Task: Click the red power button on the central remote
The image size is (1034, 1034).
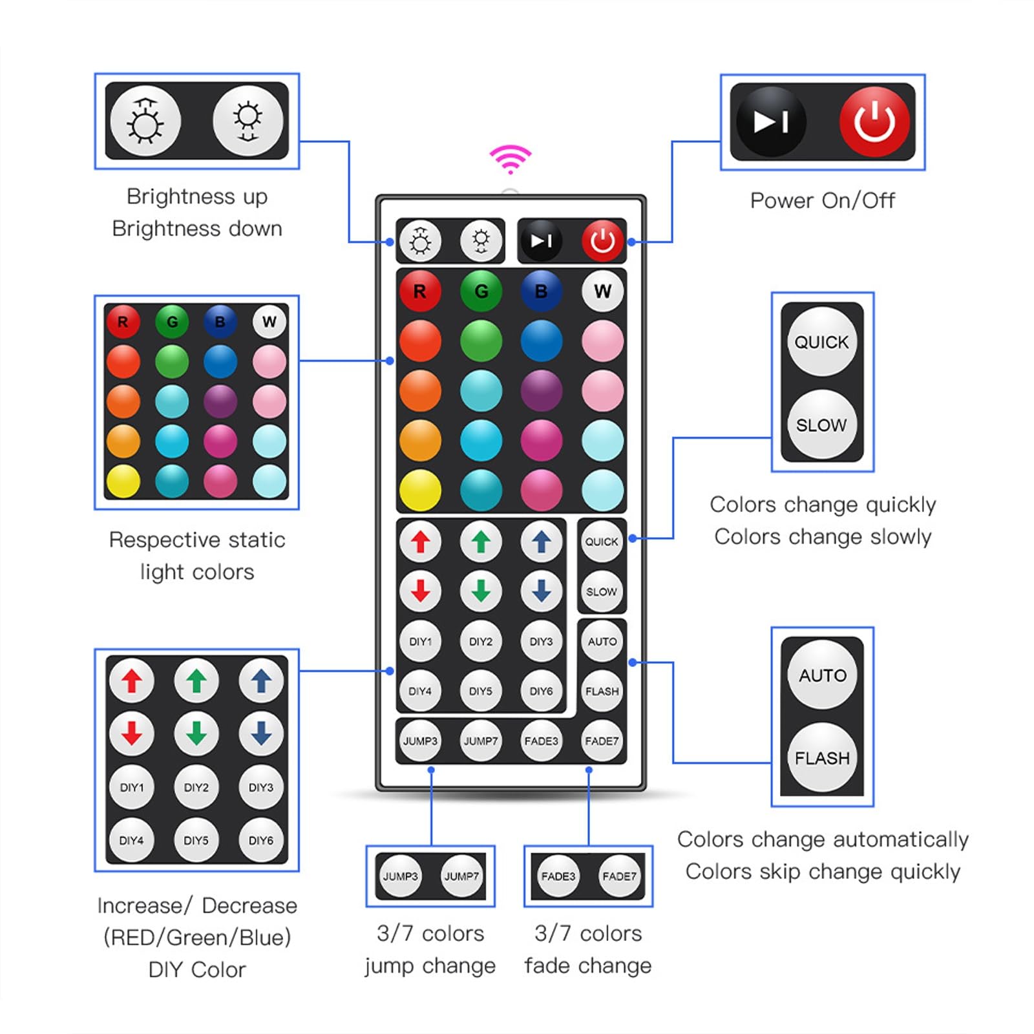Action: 602,241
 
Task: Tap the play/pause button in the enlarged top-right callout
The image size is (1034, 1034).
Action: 771,121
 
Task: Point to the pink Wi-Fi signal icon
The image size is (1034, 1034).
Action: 511,159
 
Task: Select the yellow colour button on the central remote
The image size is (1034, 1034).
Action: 420,490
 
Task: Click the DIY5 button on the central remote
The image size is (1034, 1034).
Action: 481,691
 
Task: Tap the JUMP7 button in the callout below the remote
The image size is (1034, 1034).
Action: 461,876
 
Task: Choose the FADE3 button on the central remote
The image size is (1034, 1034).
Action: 541,741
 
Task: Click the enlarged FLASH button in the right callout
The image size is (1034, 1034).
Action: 822,758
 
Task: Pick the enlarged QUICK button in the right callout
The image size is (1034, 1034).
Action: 822,342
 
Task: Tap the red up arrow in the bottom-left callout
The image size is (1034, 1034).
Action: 132,681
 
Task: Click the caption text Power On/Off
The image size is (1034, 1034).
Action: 822,200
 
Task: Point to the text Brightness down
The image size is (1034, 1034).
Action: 197,229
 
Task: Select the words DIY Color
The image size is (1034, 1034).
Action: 197,969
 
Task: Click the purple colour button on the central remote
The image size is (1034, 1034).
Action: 541,390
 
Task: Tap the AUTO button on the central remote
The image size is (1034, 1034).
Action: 602,641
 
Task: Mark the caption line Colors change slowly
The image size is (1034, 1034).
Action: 823,536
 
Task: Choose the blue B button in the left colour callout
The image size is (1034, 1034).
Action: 220,322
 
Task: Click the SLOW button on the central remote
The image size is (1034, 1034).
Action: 602,591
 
